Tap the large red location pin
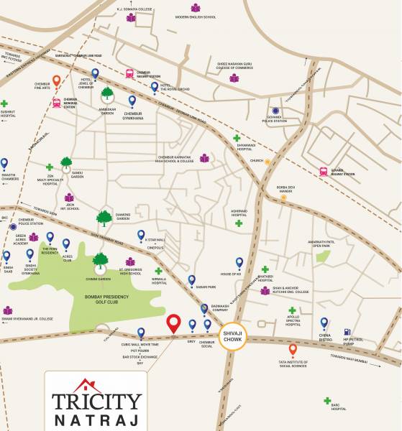point(173,324)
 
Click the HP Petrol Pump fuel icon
point(348,333)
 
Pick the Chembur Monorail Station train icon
point(56,102)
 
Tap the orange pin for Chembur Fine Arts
point(56,80)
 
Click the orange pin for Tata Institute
point(293,350)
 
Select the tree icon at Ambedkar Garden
point(107,93)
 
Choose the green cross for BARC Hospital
point(327,401)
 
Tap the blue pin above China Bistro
point(324,323)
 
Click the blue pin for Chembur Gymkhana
point(132,101)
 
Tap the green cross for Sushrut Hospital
point(4,103)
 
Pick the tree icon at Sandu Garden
point(66,163)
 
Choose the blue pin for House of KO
point(239,263)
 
